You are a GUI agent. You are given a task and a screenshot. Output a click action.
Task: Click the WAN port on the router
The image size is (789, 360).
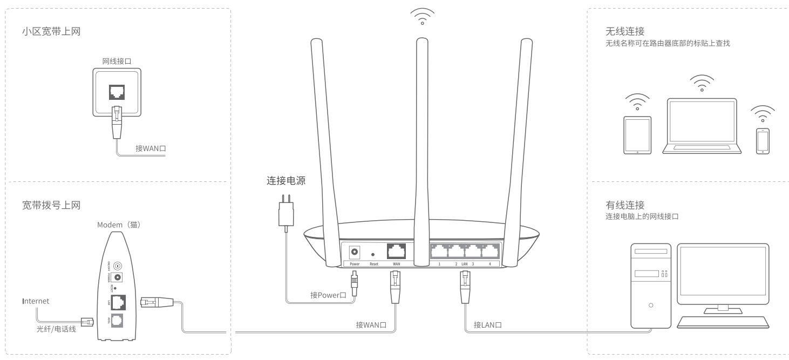pos(397,252)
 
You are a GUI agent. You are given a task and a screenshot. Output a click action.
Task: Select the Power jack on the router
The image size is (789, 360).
pos(355,252)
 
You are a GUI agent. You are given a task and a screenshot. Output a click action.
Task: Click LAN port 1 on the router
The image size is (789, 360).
pos(439,252)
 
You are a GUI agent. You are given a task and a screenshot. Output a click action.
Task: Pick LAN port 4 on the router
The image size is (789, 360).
pos(489,252)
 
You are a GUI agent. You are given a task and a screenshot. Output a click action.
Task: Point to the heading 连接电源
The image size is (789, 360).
pos(286,181)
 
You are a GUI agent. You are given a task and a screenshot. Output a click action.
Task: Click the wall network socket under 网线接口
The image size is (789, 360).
pos(117,91)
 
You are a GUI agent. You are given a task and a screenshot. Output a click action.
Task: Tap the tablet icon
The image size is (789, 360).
pos(637,135)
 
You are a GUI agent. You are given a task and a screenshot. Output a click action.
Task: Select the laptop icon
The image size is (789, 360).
pos(701,125)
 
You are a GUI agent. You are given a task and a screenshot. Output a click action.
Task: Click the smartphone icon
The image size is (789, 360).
pos(762,141)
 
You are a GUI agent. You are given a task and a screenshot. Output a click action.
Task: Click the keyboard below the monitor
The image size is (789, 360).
pos(723,322)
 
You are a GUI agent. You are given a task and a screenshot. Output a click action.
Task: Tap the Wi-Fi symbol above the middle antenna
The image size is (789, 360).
pos(422,16)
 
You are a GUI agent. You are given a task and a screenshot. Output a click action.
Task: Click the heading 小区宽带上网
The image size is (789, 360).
pos(52,32)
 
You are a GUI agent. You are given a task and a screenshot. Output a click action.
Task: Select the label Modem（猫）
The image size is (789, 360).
pos(119,225)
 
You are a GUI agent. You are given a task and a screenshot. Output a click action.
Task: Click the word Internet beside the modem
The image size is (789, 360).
pos(36,301)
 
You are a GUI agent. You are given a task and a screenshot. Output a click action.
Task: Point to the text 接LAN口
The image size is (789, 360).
pos(488,325)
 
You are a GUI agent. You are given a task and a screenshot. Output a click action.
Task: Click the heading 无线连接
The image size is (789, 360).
pos(625,32)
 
